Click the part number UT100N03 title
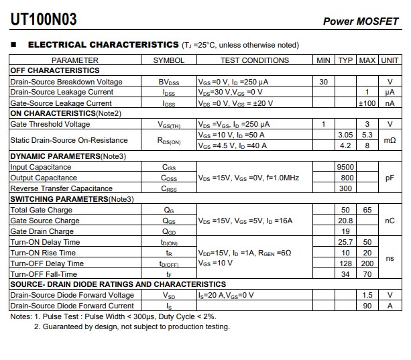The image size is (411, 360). click(44, 19)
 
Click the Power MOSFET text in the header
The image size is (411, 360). click(361, 21)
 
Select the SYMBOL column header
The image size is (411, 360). click(168, 60)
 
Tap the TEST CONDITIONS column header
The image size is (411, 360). click(255, 60)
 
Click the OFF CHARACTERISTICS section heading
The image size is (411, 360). click(55, 70)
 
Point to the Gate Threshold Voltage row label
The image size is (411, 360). click(50, 124)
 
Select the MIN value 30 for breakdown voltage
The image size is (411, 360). click(324, 82)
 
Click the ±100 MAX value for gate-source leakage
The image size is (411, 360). click(367, 103)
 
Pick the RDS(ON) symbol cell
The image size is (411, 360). click(168, 141)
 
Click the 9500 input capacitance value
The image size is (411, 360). click(345, 167)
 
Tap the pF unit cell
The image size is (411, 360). click(390, 178)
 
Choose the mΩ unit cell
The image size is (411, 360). click(390, 140)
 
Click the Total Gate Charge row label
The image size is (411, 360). click(42, 210)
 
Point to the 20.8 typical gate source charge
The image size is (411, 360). click(345, 221)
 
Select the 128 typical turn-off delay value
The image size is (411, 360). click(345, 263)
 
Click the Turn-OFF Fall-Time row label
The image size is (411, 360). click(44, 274)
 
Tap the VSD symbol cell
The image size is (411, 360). click(168, 296)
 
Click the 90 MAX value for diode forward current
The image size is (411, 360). click(367, 306)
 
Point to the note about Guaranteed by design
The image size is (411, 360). click(131, 327)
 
